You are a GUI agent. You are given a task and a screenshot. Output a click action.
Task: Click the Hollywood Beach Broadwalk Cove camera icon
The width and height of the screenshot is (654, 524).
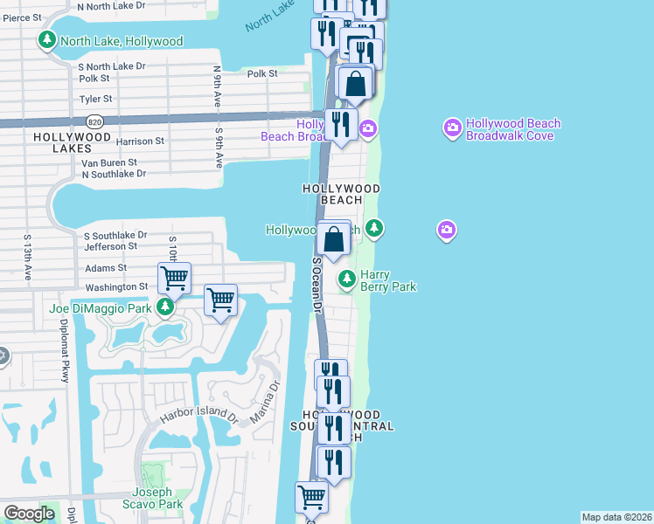(x=452, y=129)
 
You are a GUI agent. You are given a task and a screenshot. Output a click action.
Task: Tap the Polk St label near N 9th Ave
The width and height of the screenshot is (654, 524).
(x=261, y=74)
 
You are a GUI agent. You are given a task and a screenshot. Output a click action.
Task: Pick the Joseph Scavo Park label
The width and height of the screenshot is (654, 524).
(x=158, y=498)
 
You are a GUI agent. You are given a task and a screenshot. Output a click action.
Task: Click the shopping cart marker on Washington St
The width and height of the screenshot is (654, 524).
(x=175, y=279)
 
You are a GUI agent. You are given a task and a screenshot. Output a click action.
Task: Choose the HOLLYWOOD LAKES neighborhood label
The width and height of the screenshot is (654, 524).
(x=73, y=143)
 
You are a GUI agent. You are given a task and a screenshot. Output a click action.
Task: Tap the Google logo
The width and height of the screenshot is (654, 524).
(x=29, y=514)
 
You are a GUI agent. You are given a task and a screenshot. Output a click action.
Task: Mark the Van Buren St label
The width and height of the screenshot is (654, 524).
(x=109, y=162)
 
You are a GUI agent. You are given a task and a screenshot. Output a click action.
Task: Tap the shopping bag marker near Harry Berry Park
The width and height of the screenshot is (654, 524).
(x=335, y=238)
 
